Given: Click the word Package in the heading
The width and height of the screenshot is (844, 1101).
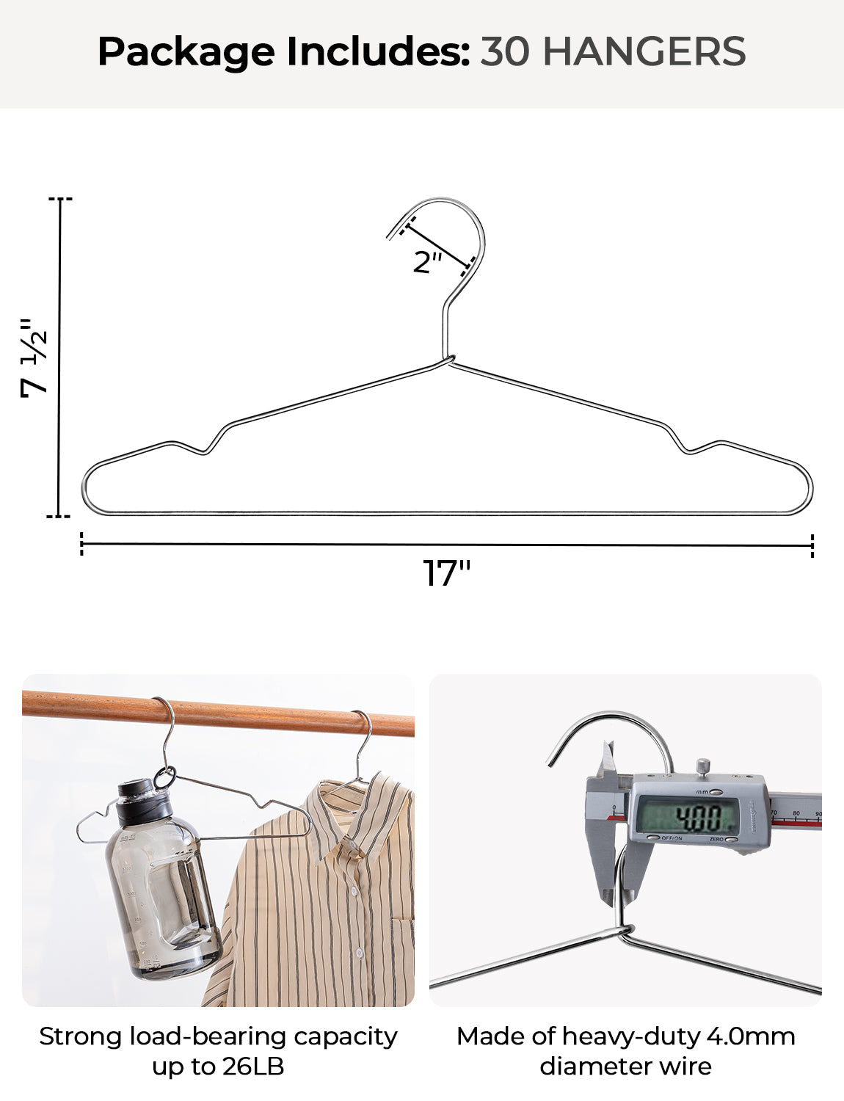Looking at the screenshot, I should (x=186, y=52).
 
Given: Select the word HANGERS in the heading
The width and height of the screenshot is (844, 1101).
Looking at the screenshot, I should (x=644, y=51).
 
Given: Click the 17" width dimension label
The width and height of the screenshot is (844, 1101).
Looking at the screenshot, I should (x=446, y=573).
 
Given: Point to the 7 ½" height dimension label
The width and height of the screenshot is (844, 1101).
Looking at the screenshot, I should (x=34, y=358).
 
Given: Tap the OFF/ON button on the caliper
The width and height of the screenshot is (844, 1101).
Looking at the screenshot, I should (x=652, y=837).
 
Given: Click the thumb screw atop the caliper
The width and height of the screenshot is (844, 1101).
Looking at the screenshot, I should (x=703, y=766).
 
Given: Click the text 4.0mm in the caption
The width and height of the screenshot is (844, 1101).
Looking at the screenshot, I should (x=750, y=1036).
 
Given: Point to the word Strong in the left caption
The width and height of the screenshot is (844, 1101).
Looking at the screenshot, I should (x=81, y=1036).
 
